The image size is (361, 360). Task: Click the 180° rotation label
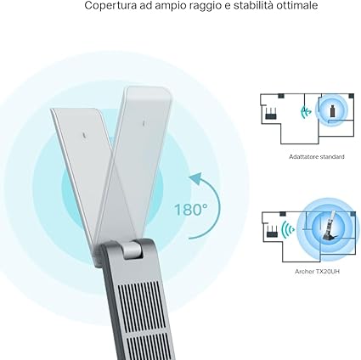(x=190, y=210)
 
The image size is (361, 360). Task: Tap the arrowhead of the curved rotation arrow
(x=196, y=177)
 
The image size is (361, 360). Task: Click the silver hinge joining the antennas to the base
(x=133, y=249)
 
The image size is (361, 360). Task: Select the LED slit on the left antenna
(x=84, y=135)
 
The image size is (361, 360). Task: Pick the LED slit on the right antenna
(x=144, y=122)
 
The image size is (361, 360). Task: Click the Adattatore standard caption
(x=317, y=157)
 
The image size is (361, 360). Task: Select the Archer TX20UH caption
(x=317, y=272)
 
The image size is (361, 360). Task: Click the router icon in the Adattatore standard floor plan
(x=271, y=113)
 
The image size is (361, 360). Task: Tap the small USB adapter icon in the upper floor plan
(x=333, y=110)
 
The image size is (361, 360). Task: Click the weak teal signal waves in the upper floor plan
(x=305, y=112)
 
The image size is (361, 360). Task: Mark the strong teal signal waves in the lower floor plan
(x=288, y=229)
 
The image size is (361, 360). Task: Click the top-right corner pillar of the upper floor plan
(x=351, y=96)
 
